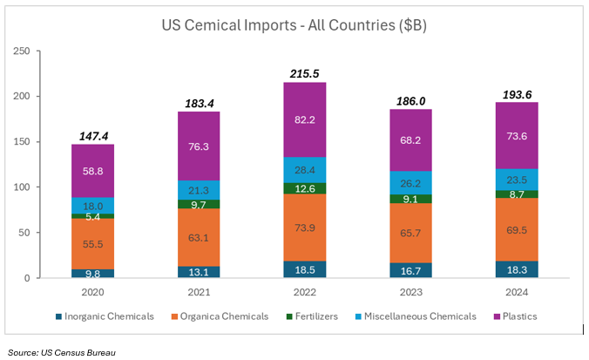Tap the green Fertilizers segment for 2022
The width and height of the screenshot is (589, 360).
[304, 188]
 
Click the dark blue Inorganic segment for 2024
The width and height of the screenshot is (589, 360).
[516, 269]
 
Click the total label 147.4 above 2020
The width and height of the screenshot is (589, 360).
[92, 136]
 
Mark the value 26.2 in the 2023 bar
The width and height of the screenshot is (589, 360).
[410, 184]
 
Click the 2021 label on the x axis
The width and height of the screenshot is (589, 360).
[199, 294]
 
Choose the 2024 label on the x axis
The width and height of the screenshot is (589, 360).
[516, 294]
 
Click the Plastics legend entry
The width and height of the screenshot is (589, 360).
[518, 316]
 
